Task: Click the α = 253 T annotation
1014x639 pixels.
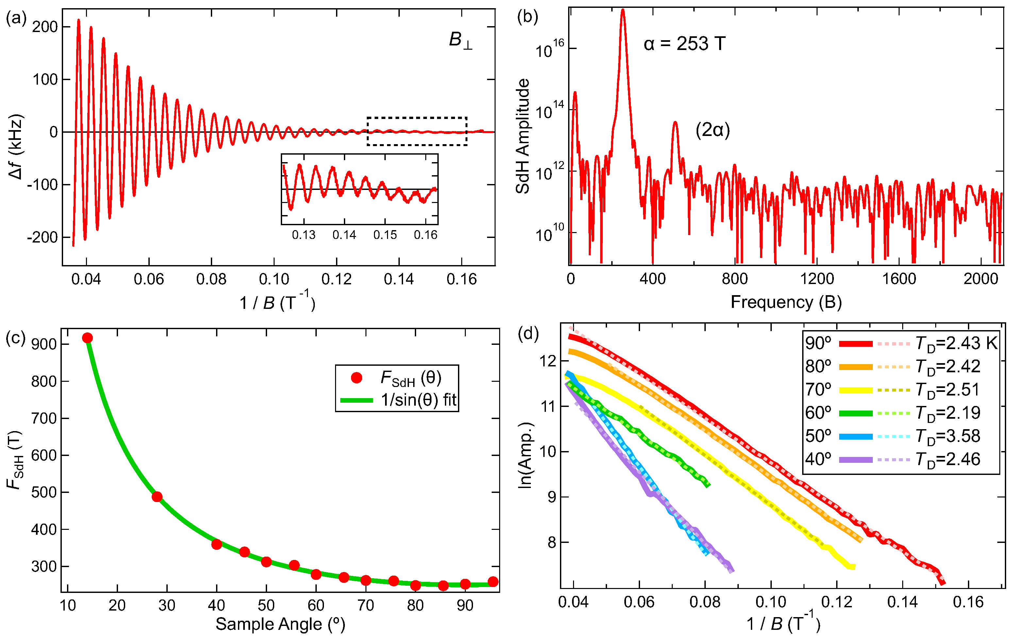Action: coord(684,44)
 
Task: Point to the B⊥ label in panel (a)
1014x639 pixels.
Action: coord(460,40)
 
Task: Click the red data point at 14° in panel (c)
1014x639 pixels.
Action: coord(87,338)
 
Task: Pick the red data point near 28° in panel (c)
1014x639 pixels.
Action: coord(157,497)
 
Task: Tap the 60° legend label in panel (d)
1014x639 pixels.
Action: coord(818,413)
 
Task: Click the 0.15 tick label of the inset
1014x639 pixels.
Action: coord(385,235)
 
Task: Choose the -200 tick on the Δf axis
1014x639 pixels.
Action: coord(42,237)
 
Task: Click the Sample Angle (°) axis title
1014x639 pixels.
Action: coord(280,624)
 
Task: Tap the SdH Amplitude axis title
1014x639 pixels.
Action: coord(523,136)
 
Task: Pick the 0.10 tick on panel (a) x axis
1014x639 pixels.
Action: coord(274,279)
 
